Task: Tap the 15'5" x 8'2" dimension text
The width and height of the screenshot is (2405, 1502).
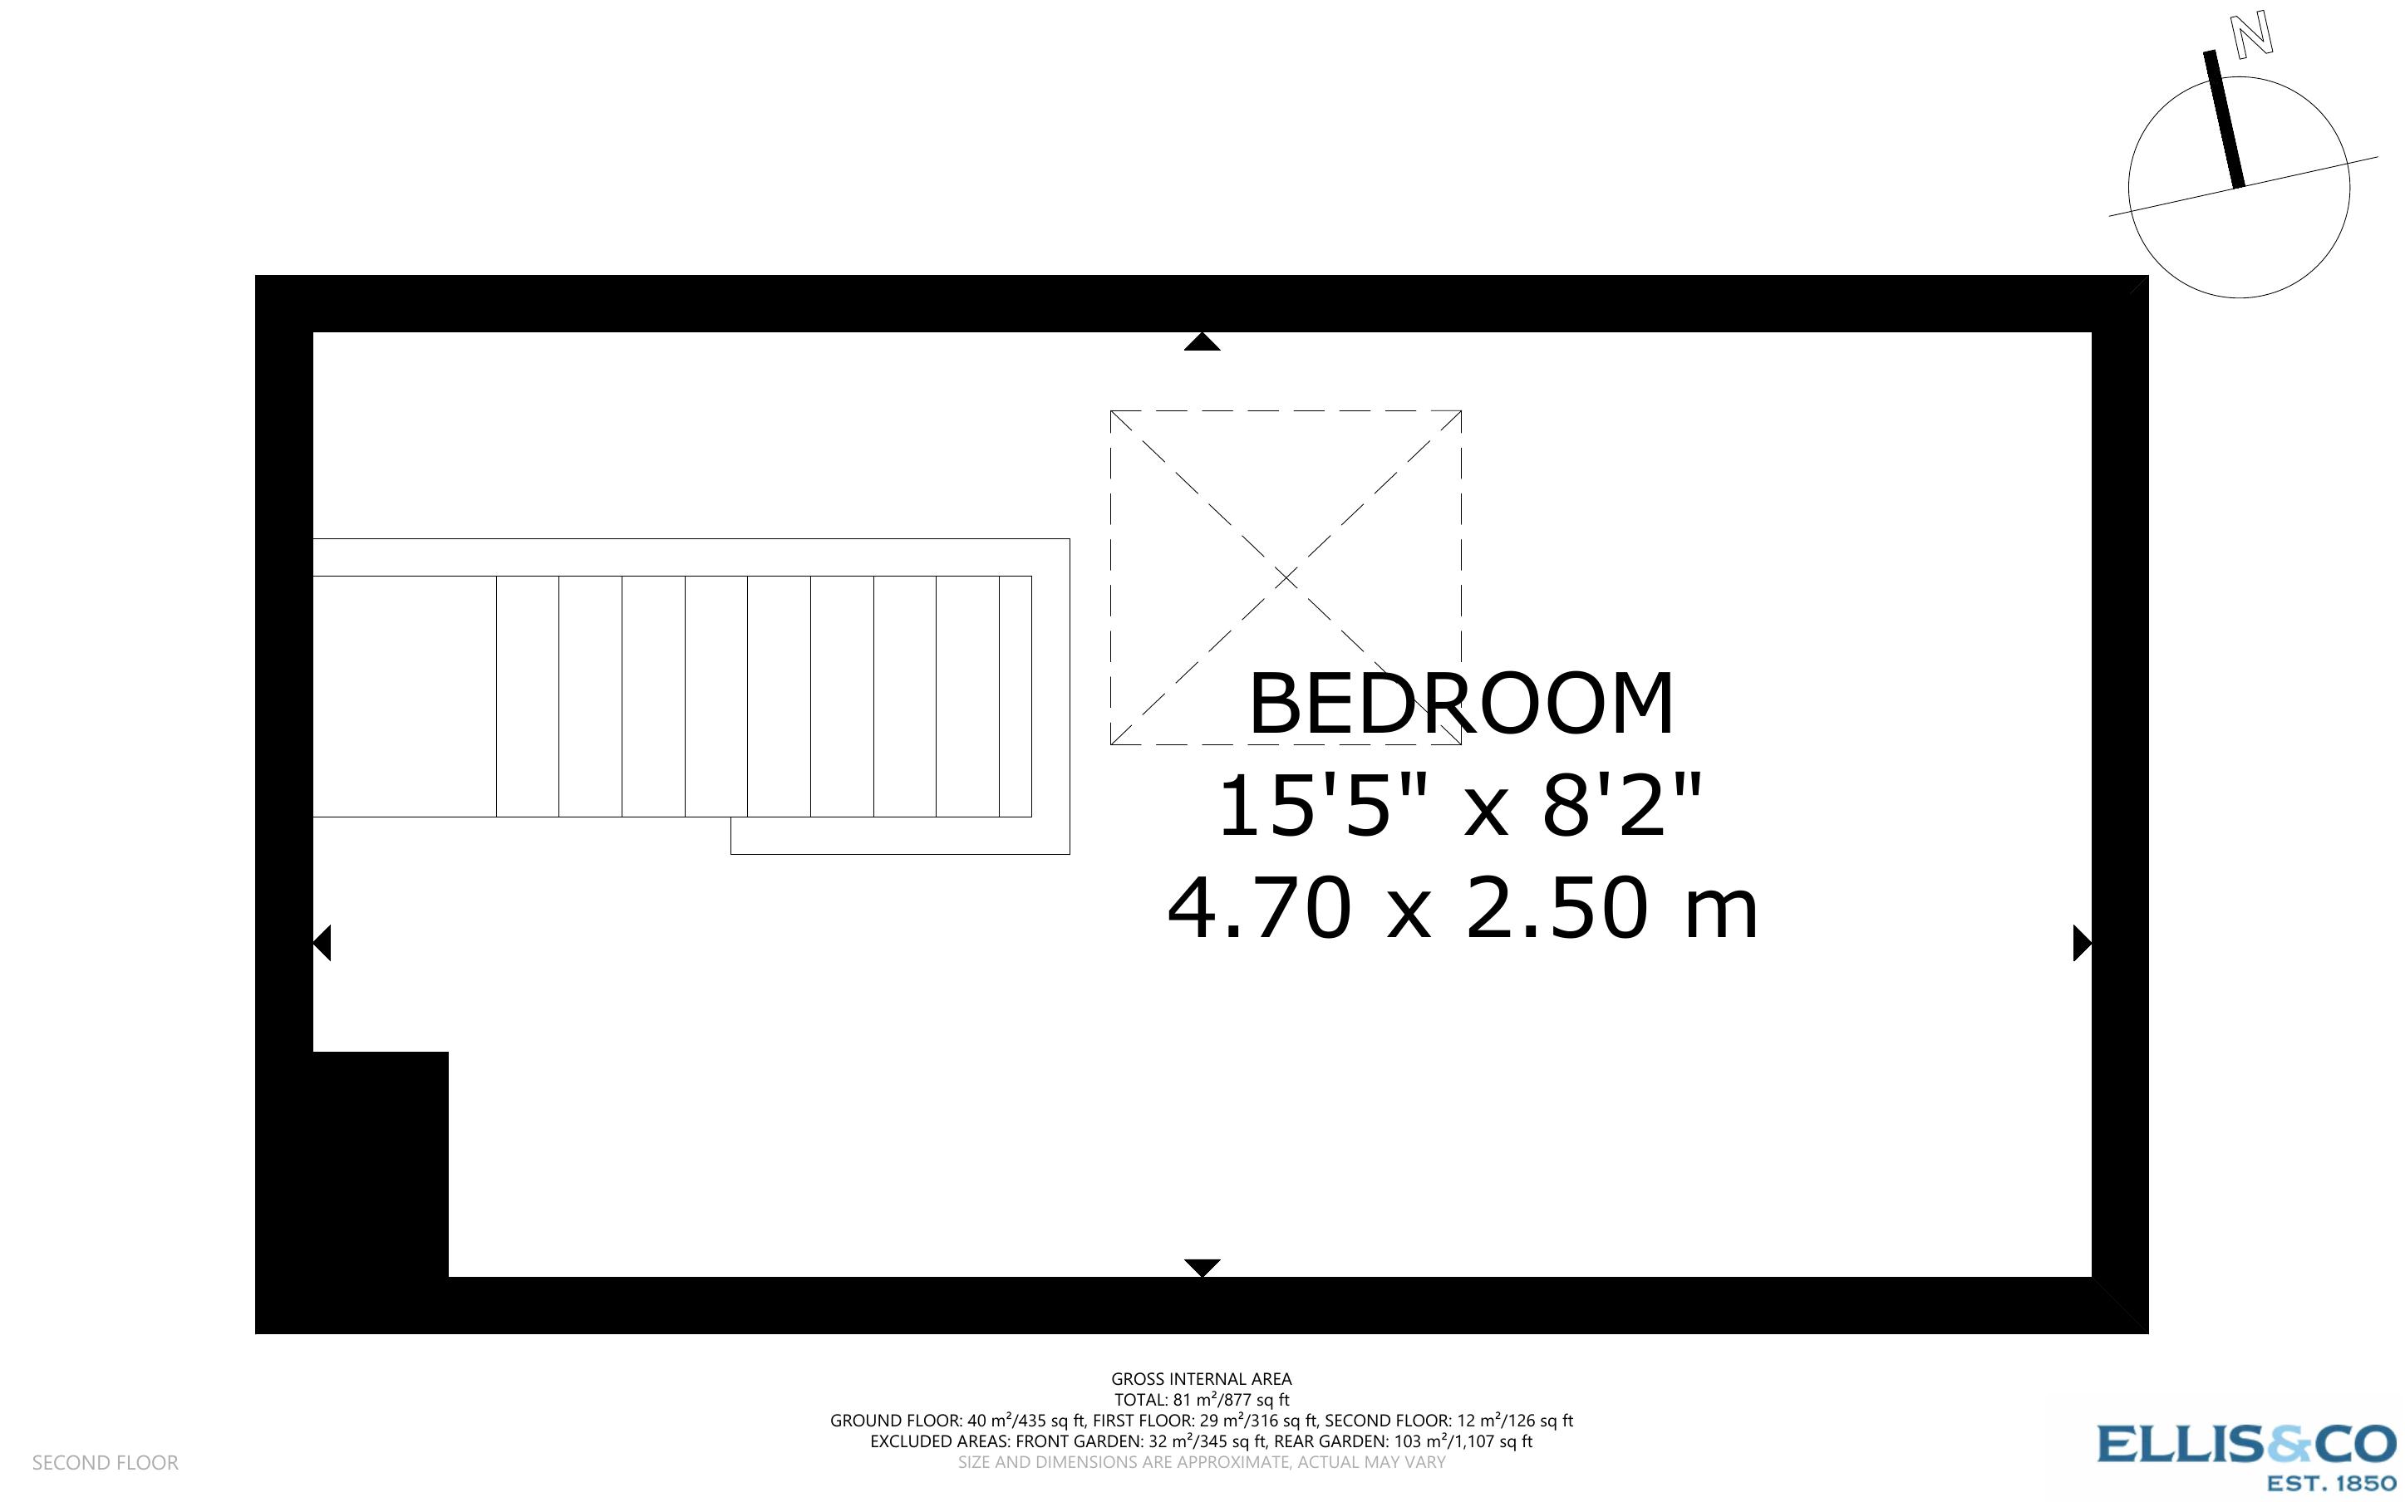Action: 1460,806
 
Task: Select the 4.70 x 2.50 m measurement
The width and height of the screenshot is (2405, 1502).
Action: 1463,908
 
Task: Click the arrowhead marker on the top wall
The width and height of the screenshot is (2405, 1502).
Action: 1202,343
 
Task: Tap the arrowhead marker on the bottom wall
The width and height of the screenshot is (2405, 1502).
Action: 1202,1268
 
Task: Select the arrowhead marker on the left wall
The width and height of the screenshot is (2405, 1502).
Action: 322,943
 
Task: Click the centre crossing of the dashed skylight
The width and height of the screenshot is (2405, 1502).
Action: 1286,577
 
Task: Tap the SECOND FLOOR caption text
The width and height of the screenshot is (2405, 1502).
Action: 106,1462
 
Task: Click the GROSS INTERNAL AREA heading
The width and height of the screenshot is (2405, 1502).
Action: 1201,1379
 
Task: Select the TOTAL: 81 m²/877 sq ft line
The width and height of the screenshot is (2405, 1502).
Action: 1201,1400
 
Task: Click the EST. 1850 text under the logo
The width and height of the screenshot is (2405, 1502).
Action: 2332,1483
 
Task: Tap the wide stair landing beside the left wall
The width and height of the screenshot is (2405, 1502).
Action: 405,696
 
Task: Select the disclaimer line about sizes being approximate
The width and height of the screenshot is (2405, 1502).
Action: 1201,1462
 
